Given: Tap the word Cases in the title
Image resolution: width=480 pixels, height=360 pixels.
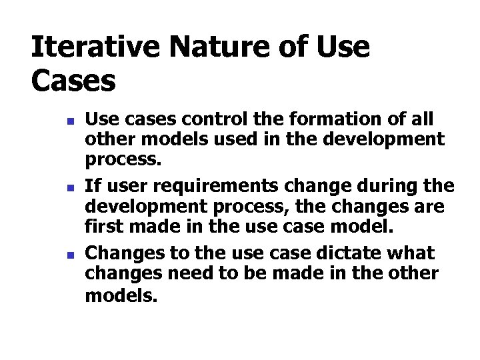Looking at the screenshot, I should click(73, 81).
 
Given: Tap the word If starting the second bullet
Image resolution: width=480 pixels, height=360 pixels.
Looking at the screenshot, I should click(93, 186).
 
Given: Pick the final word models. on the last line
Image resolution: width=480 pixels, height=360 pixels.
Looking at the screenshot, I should click(121, 294).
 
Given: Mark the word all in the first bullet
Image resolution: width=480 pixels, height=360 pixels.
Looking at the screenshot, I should click(421, 120).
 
